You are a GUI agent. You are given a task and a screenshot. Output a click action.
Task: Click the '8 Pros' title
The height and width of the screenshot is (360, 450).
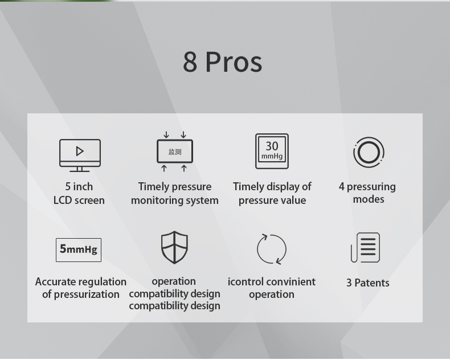(x=222, y=62)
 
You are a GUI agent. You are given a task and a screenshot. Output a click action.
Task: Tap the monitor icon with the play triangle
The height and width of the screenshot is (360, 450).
(x=80, y=156)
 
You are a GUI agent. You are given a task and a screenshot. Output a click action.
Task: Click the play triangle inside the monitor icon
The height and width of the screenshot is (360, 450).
(x=80, y=152)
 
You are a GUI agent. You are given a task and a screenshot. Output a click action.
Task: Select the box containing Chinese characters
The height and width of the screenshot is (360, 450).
(x=175, y=152)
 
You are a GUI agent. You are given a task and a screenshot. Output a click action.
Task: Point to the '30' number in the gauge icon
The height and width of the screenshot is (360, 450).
(x=272, y=146)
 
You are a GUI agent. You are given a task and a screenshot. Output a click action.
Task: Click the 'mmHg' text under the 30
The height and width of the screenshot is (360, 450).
(x=272, y=156)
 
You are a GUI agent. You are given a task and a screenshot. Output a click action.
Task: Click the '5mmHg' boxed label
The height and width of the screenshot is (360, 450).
(x=79, y=249)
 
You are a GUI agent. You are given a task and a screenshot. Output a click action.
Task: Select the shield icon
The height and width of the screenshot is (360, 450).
(x=174, y=247)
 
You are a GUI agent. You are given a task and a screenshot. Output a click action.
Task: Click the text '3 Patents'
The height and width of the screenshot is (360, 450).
(x=367, y=283)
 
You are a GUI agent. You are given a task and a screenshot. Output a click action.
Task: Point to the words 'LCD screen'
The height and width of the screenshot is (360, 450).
(x=79, y=200)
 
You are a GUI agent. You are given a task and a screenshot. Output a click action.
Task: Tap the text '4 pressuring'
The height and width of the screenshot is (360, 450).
(x=367, y=187)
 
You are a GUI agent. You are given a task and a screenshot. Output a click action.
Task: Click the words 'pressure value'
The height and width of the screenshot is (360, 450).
(x=272, y=201)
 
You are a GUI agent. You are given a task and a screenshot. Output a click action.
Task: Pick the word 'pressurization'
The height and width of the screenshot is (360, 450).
(x=87, y=294)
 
